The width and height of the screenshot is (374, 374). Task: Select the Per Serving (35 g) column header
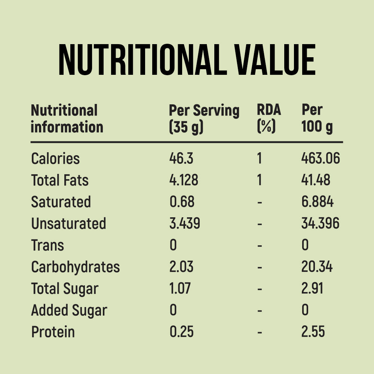coord(204,119)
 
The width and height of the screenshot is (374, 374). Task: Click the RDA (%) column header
coord(269,119)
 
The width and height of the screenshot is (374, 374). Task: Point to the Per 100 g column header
coord(317,119)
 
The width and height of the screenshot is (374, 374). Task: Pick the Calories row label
coord(55,159)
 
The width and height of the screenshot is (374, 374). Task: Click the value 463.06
coord(321,159)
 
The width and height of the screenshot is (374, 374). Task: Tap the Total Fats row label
coord(60,180)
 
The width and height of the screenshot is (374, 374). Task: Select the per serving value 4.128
coord(184,180)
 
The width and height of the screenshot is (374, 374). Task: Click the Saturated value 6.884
coord(317,202)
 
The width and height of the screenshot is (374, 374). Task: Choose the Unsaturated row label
coord(68,224)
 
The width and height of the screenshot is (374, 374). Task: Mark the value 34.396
coord(320,224)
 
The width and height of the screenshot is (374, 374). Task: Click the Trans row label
coord(47,245)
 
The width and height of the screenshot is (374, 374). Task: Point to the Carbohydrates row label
coord(75,267)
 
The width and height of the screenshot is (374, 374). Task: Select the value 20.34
coord(317,267)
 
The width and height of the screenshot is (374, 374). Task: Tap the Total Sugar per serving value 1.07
coord(180,289)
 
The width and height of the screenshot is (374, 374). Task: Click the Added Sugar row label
coord(69,310)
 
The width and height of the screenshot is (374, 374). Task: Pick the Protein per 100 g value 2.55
coord(313,332)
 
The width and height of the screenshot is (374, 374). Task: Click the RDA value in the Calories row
coord(259,159)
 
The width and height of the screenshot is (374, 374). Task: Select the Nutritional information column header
coord(67,119)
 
